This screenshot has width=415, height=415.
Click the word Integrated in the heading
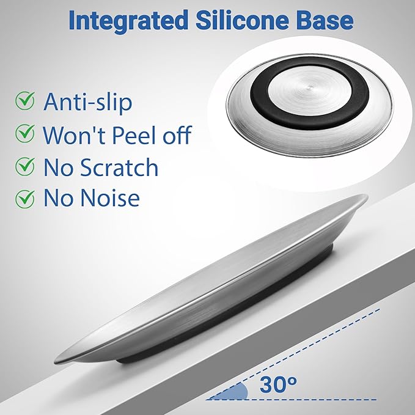[128, 21]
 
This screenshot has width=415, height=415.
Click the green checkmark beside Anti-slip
[25, 100]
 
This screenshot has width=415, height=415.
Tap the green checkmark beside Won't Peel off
[25, 133]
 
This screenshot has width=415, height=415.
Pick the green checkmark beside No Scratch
[25, 166]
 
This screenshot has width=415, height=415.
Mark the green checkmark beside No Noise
[25, 199]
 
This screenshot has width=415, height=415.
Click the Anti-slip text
[87, 103]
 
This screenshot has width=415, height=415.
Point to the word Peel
[135, 134]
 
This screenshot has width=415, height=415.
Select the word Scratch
[119, 167]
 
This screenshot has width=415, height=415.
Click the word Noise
[109, 197]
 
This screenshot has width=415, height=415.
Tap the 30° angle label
[278, 384]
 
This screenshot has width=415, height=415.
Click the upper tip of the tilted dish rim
[365, 196]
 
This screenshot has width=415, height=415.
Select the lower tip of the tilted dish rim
[56, 361]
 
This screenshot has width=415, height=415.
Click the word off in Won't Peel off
[177, 134]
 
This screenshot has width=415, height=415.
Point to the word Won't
[75, 134]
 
